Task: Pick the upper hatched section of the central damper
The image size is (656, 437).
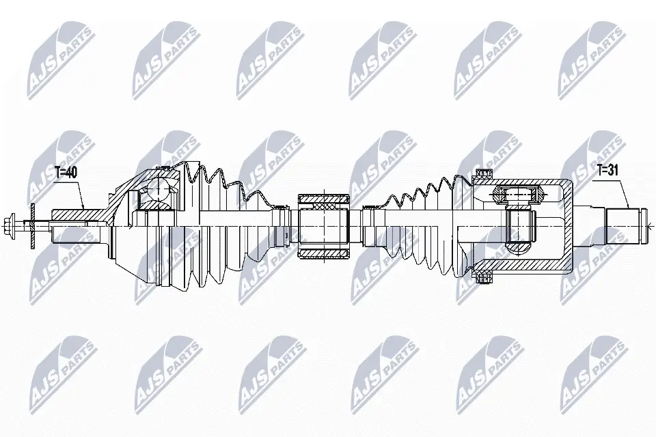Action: point(324,203)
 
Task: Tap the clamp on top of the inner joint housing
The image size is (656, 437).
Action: point(484,175)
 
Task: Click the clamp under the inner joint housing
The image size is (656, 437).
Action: point(484,275)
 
